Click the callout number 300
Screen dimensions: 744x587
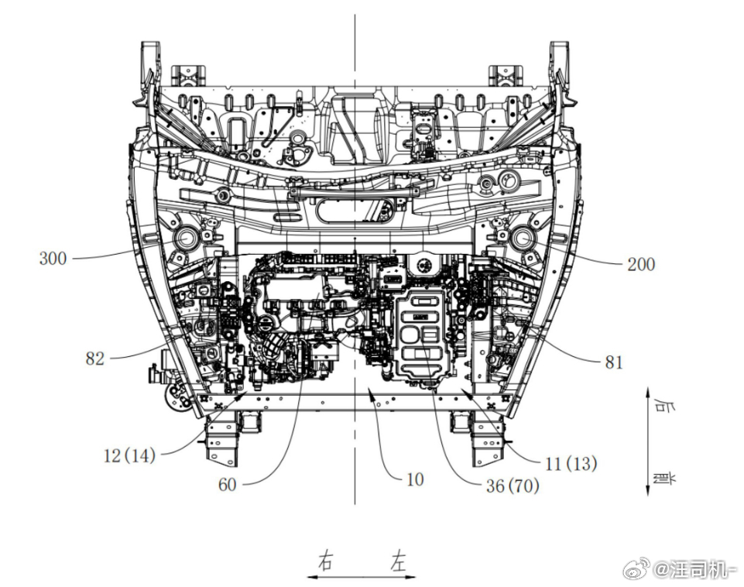pos(53,259)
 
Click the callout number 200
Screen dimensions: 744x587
pos(641,264)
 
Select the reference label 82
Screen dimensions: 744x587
pos(95,359)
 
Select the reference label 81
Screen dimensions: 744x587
pos(614,362)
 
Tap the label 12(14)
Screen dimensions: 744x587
pos(129,455)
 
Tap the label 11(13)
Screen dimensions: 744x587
pos(571,463)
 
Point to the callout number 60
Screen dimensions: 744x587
pos(228,485)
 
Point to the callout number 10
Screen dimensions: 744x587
pos(415,479)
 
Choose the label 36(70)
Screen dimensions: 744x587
pos(513,486)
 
